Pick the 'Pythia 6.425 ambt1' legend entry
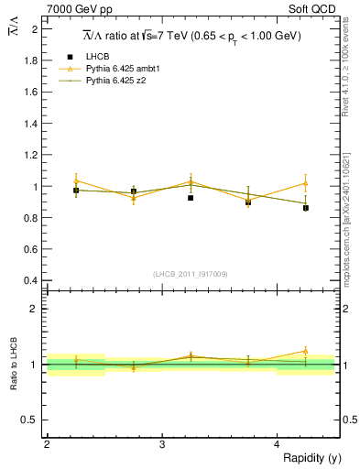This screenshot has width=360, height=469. (x=119, y=69)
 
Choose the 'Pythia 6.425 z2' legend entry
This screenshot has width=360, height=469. (x=114, y=81)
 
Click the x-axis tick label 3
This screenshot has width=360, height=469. (x=162, y=444)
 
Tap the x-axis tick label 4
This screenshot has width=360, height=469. (x=278, y=444)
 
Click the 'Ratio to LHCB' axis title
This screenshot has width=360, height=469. (x=13, y=364)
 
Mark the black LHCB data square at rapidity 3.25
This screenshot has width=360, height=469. (x=191, y=198)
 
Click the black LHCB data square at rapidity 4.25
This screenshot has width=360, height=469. (x=306, y=208)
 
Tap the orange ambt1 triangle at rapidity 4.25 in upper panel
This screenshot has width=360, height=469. (x=306, y=183)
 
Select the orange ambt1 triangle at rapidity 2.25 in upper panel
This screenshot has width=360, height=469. (x=76, y=180)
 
